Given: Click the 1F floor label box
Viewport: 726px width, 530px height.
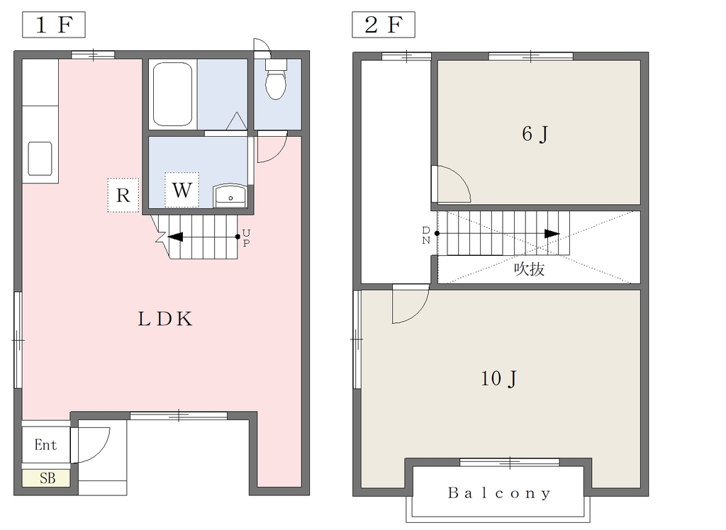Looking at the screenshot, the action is pos(54,25).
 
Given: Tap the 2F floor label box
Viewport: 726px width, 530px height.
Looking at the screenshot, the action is pos(384,25).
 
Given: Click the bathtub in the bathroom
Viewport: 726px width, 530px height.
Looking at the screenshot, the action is pos(172,94).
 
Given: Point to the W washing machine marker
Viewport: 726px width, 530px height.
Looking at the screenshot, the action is pos(182,190).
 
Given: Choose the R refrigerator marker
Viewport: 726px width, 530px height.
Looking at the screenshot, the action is pos(123,196).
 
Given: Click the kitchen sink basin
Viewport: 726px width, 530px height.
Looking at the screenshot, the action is pos(40,159).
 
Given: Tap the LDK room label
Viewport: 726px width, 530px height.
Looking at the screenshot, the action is pos(165,319).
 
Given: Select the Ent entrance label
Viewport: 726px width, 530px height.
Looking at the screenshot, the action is pos(45,445).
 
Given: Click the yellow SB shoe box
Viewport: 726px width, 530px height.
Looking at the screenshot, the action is pos(46,478).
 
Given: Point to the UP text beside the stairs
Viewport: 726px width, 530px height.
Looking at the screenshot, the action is pos(246,237).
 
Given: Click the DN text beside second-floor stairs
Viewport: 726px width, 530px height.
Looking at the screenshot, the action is pos(426,235).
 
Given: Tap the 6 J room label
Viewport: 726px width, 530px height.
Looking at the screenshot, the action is pos(535,134).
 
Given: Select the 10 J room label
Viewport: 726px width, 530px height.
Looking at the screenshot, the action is pos(498,378).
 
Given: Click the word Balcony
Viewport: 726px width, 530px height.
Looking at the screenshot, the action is pos(499,493).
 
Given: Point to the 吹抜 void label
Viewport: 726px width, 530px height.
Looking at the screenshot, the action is pos(529,269).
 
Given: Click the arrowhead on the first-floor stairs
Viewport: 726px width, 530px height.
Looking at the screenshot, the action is pos(176,237).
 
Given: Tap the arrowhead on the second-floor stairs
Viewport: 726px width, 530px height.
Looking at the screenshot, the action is pos(552,234).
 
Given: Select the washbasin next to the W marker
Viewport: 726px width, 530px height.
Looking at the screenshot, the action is pos(230,196).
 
